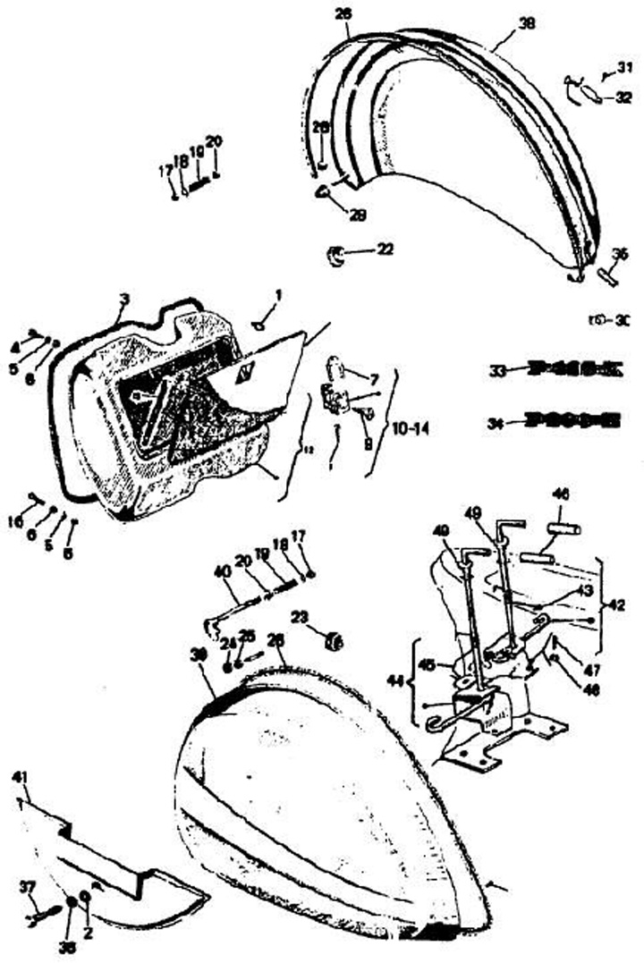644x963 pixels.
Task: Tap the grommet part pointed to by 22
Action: click(x=337, y=255)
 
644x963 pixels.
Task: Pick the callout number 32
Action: click(x=623, y=99)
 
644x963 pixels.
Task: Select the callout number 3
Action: click(x=123, y=298)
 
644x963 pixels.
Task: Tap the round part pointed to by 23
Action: click(x=335, y=640)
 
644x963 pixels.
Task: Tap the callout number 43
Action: click(x=584, y=590)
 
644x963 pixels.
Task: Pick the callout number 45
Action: click(x=427, y=664)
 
